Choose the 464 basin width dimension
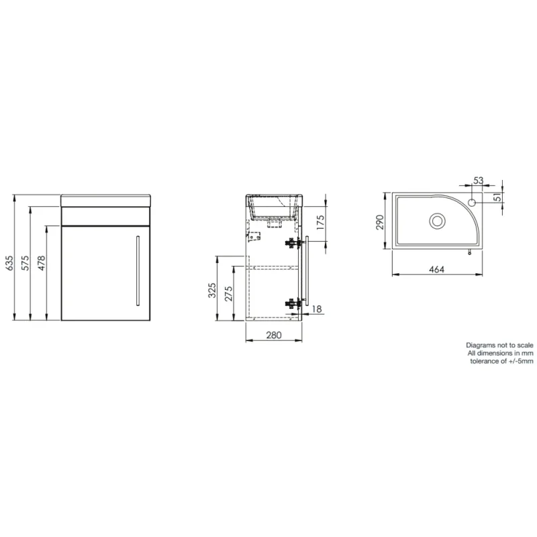click(x=437, y=269)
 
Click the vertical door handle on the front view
click(x=137, y=270)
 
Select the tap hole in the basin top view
click(x=472, y=201)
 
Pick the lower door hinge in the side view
click(x=292, y=303)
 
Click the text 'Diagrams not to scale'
click(x=499, y=344)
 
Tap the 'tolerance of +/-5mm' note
click(x=501, y=361)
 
